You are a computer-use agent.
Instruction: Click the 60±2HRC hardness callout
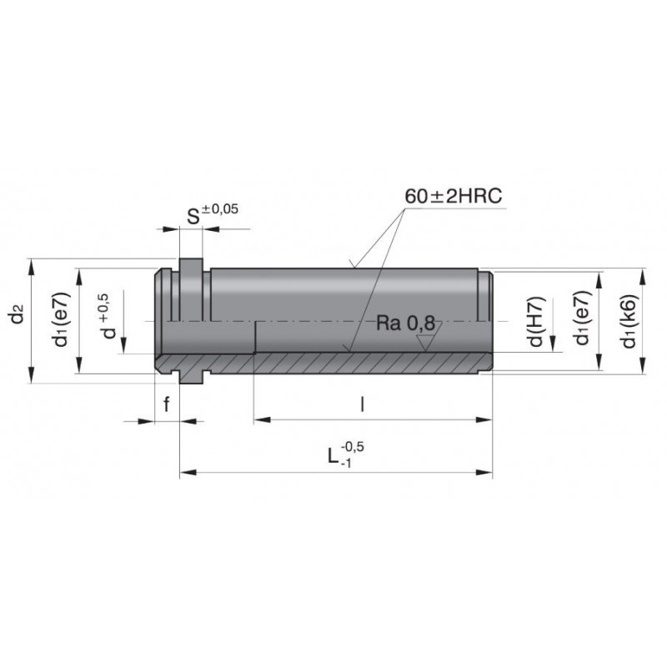tap(453, 196)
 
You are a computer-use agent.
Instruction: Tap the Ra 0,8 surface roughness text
tap(406, 323)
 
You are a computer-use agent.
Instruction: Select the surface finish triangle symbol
tap(429, 339)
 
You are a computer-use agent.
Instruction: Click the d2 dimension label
tap(18, 314)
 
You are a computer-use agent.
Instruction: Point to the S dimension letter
tap(193, 217)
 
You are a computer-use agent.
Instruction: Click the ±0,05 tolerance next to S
tap(220, 209)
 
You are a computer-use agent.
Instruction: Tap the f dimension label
tap(167, 404)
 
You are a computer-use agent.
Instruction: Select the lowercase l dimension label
tap(362, 404)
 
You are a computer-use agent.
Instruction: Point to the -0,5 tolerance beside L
tap(352, 447)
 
